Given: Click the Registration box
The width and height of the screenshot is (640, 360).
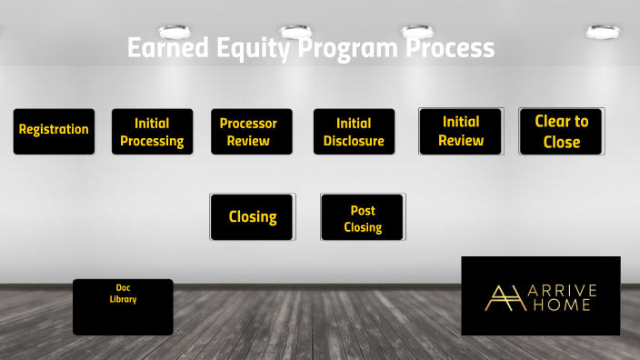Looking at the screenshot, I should [x=54, y=131].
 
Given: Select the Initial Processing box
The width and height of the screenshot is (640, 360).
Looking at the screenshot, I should [x=152, y=132].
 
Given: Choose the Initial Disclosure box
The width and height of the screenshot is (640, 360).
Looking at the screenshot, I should [x=354, y=132].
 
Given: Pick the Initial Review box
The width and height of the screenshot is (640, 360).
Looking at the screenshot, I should [x=460, y=132].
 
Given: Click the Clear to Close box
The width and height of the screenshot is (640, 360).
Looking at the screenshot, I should [x=561, y=132].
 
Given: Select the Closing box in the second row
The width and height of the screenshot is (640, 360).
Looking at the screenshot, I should [x=252, y=217].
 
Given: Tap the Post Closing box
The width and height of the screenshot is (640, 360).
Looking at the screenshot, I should [x=363, y=218].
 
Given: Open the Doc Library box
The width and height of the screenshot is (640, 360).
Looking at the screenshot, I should [x=123, y=306].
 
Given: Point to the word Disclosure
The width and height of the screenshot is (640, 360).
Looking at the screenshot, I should [x=354, y=141].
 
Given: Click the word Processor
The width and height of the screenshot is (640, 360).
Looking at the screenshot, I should [x=248, y=124].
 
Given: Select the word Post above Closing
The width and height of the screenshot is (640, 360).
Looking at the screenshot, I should [x=363, y=211].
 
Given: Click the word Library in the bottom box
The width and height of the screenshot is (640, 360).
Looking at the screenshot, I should [x=123, y=299].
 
